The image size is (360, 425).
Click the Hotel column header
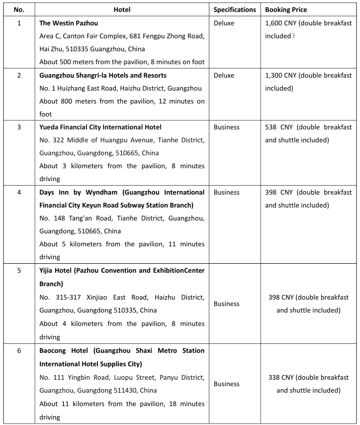(x=122, y=9)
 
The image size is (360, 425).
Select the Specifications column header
(x=235, y=9)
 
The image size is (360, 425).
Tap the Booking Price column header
(x=286, y=9)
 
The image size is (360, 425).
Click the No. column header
(x=19, y=9)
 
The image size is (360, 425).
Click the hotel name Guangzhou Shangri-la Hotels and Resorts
(x=103, y=75)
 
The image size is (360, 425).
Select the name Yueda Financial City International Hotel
(x=100, y=127)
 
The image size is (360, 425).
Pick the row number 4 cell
(x=19, y=192)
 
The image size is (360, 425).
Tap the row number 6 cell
(x=19, y=350)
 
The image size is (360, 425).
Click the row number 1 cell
(x=19, y=23)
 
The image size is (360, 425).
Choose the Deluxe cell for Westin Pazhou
(x=224, y=23)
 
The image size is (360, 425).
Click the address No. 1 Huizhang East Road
(x=80, y=88)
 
